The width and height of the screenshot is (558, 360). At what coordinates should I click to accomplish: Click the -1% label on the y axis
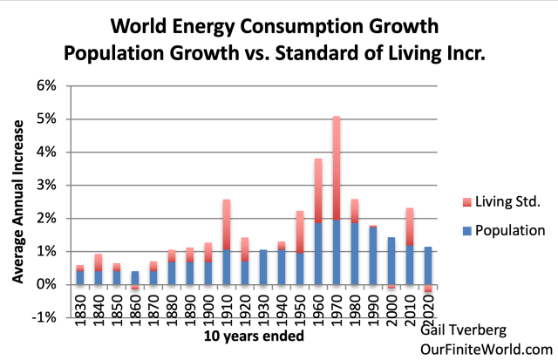point(44,317)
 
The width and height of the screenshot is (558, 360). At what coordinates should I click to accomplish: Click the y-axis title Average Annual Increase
point(17,200)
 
